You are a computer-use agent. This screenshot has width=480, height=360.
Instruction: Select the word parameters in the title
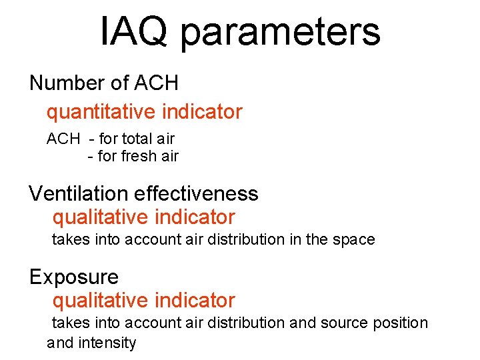(x=280, y=33)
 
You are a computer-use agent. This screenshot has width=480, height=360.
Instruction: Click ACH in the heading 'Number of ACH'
(x=156, y=83)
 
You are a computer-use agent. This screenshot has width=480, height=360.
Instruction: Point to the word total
(x=137, y=139)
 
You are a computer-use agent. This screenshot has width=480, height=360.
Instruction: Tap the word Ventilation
(x=79, y=194)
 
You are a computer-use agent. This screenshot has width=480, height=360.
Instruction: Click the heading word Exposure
(x=73, y=277)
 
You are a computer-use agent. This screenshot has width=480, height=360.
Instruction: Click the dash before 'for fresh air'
(x=91, y=157)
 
